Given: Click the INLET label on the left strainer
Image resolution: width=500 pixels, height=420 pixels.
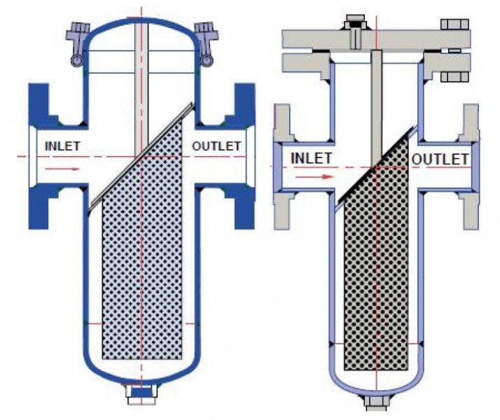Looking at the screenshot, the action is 62,146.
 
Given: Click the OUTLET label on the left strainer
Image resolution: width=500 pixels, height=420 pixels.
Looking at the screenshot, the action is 216,146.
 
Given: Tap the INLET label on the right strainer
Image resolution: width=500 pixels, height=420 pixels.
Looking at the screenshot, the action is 311,158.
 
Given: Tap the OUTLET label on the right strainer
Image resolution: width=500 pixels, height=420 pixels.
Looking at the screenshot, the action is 440,159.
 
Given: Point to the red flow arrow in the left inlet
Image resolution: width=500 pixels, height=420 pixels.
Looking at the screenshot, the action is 62,168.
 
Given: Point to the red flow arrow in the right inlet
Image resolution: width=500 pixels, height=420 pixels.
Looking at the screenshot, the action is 314,176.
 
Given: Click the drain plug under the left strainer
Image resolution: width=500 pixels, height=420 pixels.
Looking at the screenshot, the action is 141,393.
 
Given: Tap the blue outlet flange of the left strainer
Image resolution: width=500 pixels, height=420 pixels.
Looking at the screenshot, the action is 242,156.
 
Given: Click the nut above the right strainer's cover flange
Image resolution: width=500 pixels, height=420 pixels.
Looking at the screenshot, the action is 454,24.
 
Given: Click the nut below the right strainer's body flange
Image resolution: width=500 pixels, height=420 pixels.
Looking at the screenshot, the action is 454,77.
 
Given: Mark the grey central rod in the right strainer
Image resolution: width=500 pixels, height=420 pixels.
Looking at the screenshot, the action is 377,108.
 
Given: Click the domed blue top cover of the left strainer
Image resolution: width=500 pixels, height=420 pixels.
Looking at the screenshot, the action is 141,22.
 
